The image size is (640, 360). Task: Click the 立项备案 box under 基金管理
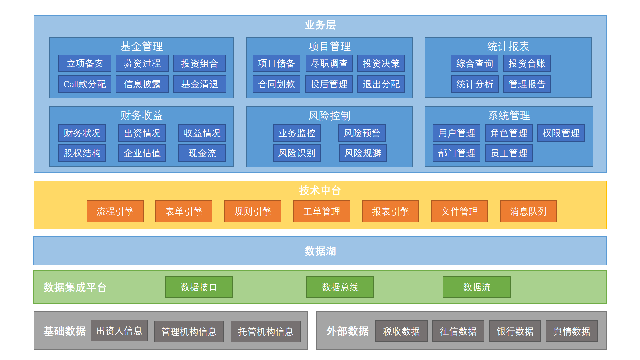pos(85,63)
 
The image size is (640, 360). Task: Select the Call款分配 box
pos(85,84)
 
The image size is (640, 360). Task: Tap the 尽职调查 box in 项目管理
pos(329,63)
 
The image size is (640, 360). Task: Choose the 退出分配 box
pos(381,84)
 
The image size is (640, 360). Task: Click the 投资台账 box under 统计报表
pos(527,63)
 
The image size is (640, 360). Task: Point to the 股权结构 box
pos(82,153)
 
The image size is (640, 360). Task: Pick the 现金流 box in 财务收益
pos(202,153)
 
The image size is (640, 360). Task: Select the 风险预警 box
pos(362,133)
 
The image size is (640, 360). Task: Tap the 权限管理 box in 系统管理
pos(561,133)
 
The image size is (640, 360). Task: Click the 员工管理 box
pos(509,153)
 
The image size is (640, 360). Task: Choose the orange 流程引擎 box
pos(115,211)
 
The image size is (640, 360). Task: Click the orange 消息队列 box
pos(528,211)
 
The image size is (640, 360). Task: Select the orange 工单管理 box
pos(322,211)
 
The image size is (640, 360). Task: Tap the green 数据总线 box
pos(340,287)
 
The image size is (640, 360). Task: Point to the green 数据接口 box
pos(199,287)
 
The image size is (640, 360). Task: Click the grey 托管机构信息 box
pos(266,331)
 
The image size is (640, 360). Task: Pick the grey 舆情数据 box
pos(571,331)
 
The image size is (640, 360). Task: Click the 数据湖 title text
pos(320,251)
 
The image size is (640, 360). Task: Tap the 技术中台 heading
pos(320,190)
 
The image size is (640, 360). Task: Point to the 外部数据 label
pos(347,331)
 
